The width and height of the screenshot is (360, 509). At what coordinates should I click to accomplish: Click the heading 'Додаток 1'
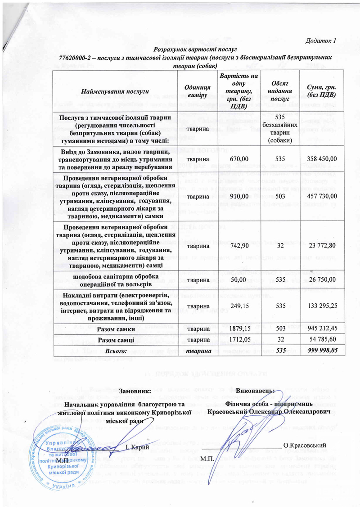pos(320,41)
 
